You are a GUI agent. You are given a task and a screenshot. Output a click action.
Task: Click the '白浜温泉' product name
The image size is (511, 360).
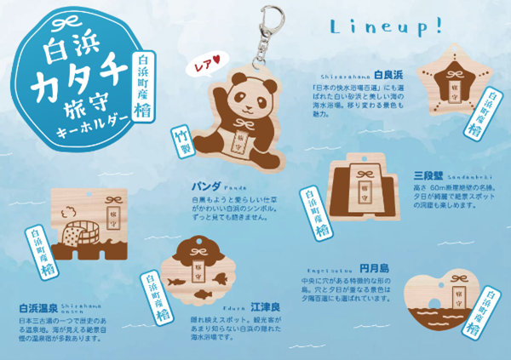[39, 308]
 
